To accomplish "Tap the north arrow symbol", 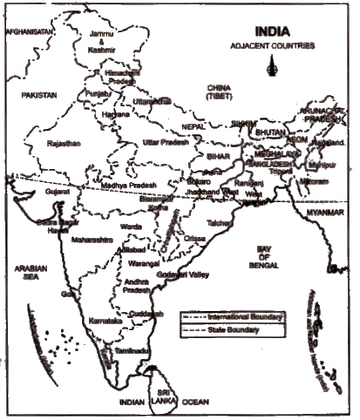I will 275,64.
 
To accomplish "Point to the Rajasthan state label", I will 64,142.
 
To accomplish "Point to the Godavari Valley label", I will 183,276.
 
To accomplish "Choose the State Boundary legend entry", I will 233,331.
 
